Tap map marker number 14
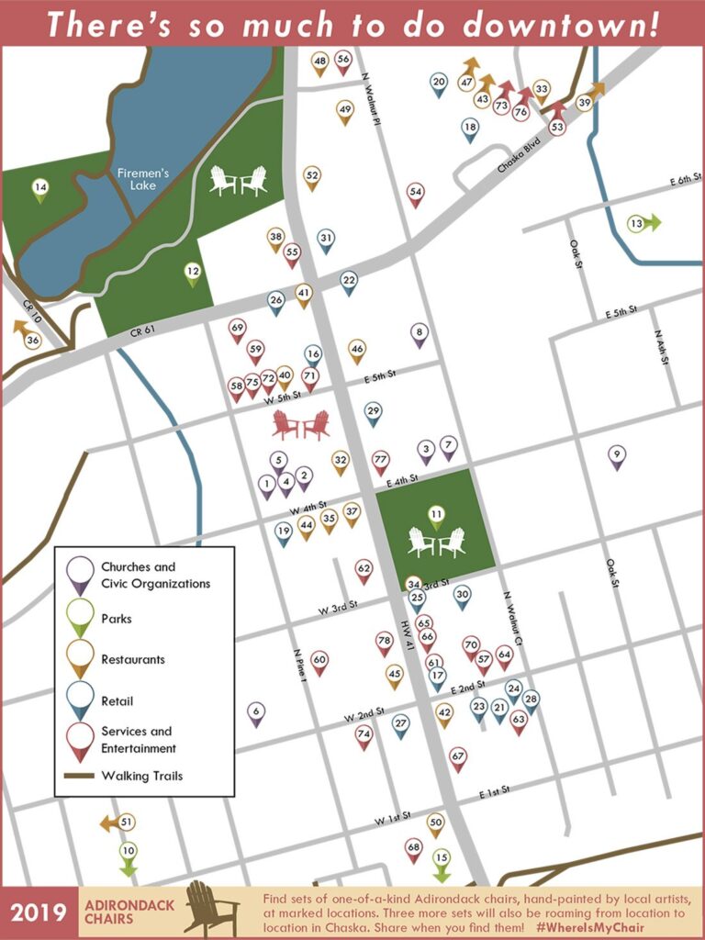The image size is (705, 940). click(39, 190)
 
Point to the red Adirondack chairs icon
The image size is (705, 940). click(301, 425)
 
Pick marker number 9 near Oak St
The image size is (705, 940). click(617, 455)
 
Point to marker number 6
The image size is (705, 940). click(256, 712)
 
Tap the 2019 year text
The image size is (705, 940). click(39, 912)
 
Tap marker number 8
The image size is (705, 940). click(419, 334)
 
